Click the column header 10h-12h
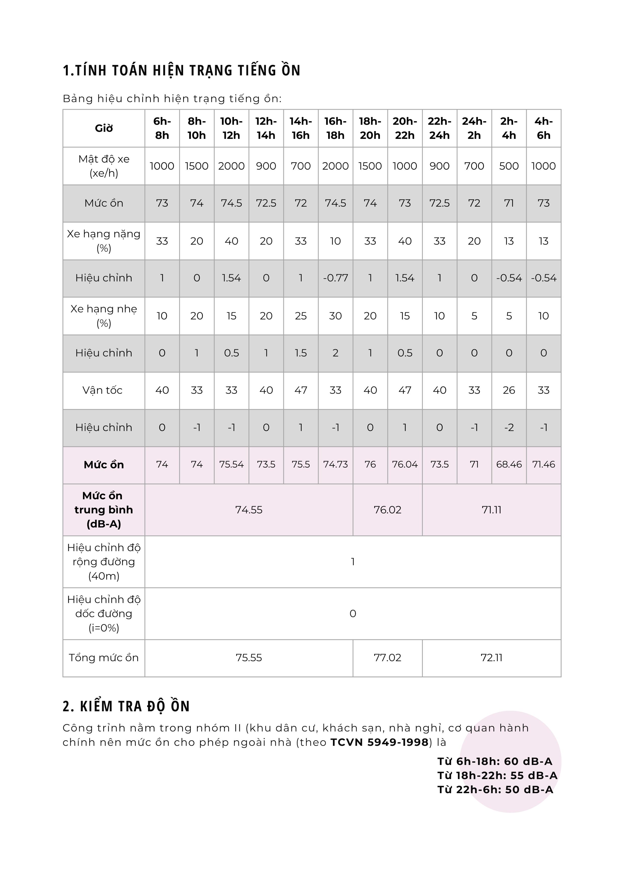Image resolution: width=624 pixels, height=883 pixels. coord(231,128)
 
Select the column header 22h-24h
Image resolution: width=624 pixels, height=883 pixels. coord(439,128)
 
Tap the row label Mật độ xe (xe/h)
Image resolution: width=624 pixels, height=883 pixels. coord(104,166)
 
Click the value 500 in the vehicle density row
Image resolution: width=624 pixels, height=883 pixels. coord(509,166)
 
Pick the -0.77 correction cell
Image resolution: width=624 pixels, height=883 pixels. coord(335,278)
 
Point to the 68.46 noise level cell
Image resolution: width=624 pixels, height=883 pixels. coord(509,464)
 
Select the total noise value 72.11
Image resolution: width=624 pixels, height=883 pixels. coord(491,657)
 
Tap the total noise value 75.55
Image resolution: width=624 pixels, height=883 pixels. coord(249,657)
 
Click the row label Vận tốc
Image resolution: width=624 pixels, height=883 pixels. coord(102,390)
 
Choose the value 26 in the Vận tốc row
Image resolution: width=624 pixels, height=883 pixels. coord(509,390)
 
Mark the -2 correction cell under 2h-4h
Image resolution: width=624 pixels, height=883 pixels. coord(509,427)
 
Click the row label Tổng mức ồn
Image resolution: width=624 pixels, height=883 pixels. coord(104,657)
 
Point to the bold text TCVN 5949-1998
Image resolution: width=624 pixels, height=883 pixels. coord(379,742)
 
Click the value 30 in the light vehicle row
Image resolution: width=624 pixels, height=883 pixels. coord(335,316)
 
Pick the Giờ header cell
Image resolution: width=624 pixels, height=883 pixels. coord(104,128)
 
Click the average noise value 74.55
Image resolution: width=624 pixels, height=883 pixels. coord(249,510)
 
